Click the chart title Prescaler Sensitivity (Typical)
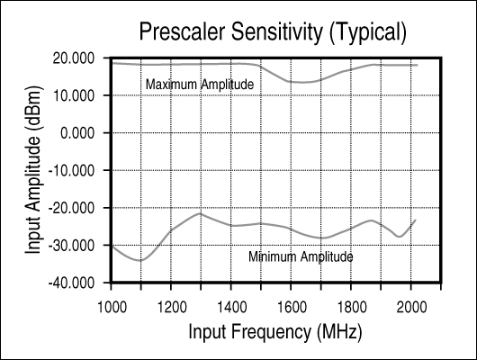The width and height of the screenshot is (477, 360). point(273,32)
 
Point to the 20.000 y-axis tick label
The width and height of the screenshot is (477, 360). point(74,58)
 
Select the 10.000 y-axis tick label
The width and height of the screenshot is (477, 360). point(74,96)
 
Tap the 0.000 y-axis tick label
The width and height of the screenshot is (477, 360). point(77,133)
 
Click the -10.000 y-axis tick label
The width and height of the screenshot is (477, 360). point(71,170)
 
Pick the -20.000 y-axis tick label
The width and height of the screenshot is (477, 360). point(71,208)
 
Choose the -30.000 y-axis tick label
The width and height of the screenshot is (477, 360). point(71,246)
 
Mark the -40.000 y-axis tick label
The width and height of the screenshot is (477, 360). point(71,283)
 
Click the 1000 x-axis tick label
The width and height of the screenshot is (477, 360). point(112,307)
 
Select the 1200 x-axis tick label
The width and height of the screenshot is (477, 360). point(172,307)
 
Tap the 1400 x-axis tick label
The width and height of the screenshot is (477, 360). point(231,307)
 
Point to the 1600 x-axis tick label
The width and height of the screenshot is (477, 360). point(292,307)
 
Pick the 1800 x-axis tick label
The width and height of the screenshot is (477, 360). point(352,307)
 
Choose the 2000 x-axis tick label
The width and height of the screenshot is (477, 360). point(411,307)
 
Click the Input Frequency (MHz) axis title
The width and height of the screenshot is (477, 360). point(275,332)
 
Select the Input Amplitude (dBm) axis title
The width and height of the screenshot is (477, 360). point(33,170)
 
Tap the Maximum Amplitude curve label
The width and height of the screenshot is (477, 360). point(200,85)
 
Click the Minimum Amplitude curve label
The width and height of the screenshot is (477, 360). point(301,256)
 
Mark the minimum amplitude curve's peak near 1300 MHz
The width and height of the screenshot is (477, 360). point(200,213)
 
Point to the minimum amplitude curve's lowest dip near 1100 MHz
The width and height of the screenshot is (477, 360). point(140,260)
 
